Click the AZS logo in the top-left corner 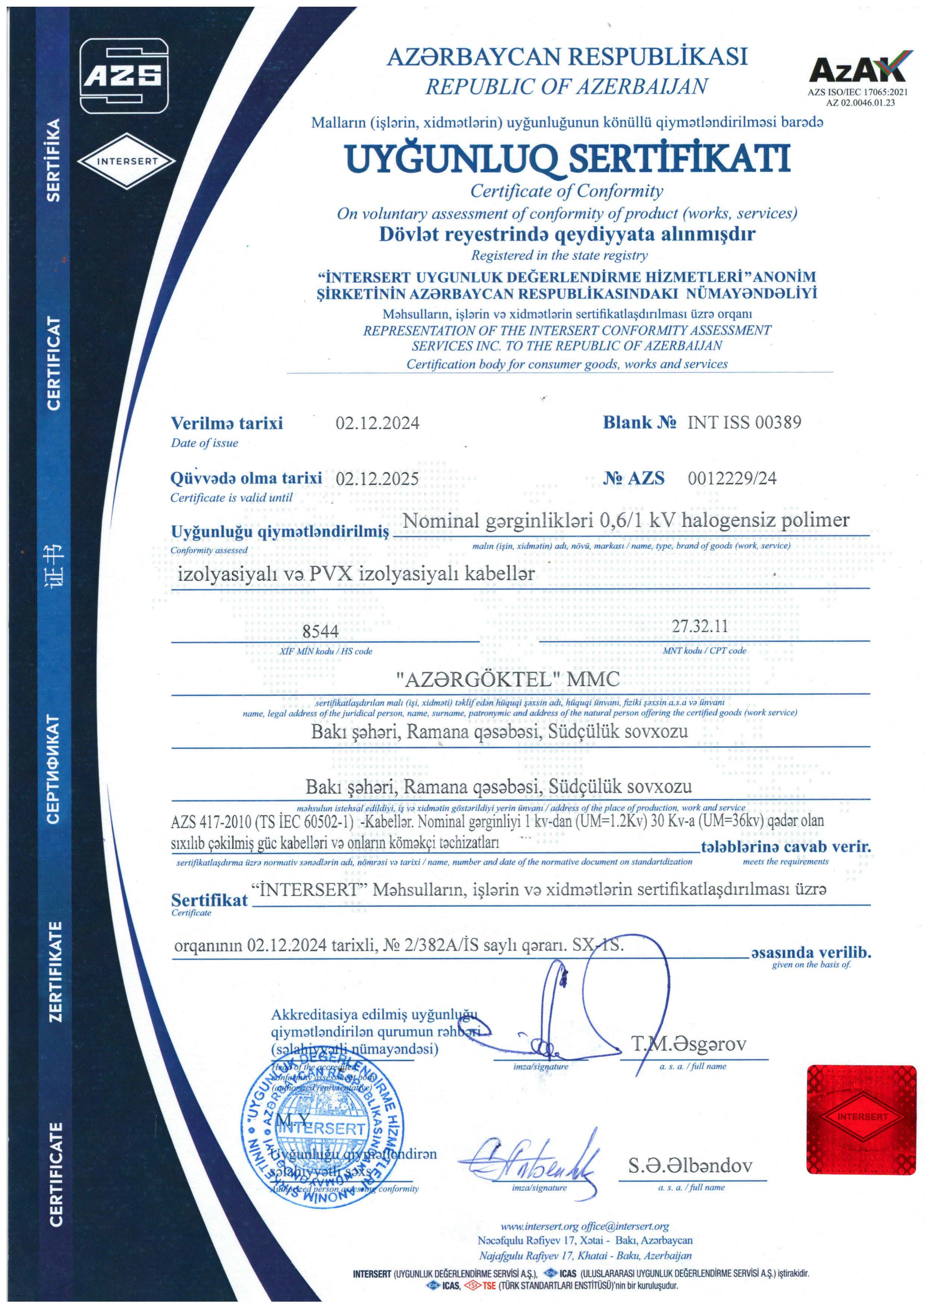(x=124, y=76)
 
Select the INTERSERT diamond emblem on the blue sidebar (x=126, y=161)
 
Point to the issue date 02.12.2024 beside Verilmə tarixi (x=377, y=423)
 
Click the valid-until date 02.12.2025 (x=377, y=478)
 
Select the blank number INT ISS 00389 (x=744, y=422)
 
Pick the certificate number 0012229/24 (x=732, y=478)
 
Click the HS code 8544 (x=320, y=631)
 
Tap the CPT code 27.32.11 (x=699, y=626)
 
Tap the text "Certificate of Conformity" (x=567, y=191)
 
